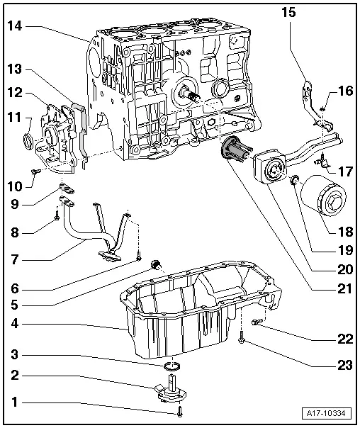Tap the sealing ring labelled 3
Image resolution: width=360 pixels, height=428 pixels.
(171, 366)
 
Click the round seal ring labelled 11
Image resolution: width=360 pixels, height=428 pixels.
(28, 139)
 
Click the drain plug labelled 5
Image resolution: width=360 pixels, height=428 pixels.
(158, 266)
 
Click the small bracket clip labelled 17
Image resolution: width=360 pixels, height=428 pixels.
(322, 162)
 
